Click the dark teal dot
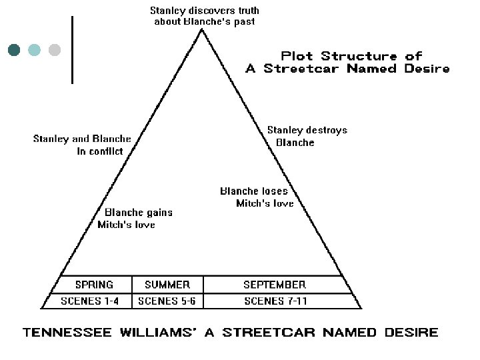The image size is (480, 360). tap(14, 49)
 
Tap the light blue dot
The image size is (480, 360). tap(34, 49)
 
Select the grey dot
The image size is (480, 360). tap(55, 49)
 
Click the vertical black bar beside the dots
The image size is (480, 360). tap(72, 50)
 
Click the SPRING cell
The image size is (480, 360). tap(94, 285)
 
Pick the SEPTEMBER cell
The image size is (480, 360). tap(274, 285)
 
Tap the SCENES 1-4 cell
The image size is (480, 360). tap(89, 301)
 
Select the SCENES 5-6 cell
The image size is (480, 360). tap(167, 301)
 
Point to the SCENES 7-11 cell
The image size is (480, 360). tap(276, 301)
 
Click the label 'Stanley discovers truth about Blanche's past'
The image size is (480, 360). tap(204, 16)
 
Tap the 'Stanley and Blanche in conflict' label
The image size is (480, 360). tap(82, 145)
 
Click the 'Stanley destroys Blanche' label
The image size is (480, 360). tap(307, 136)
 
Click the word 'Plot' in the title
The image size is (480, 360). tap(297, 55)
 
